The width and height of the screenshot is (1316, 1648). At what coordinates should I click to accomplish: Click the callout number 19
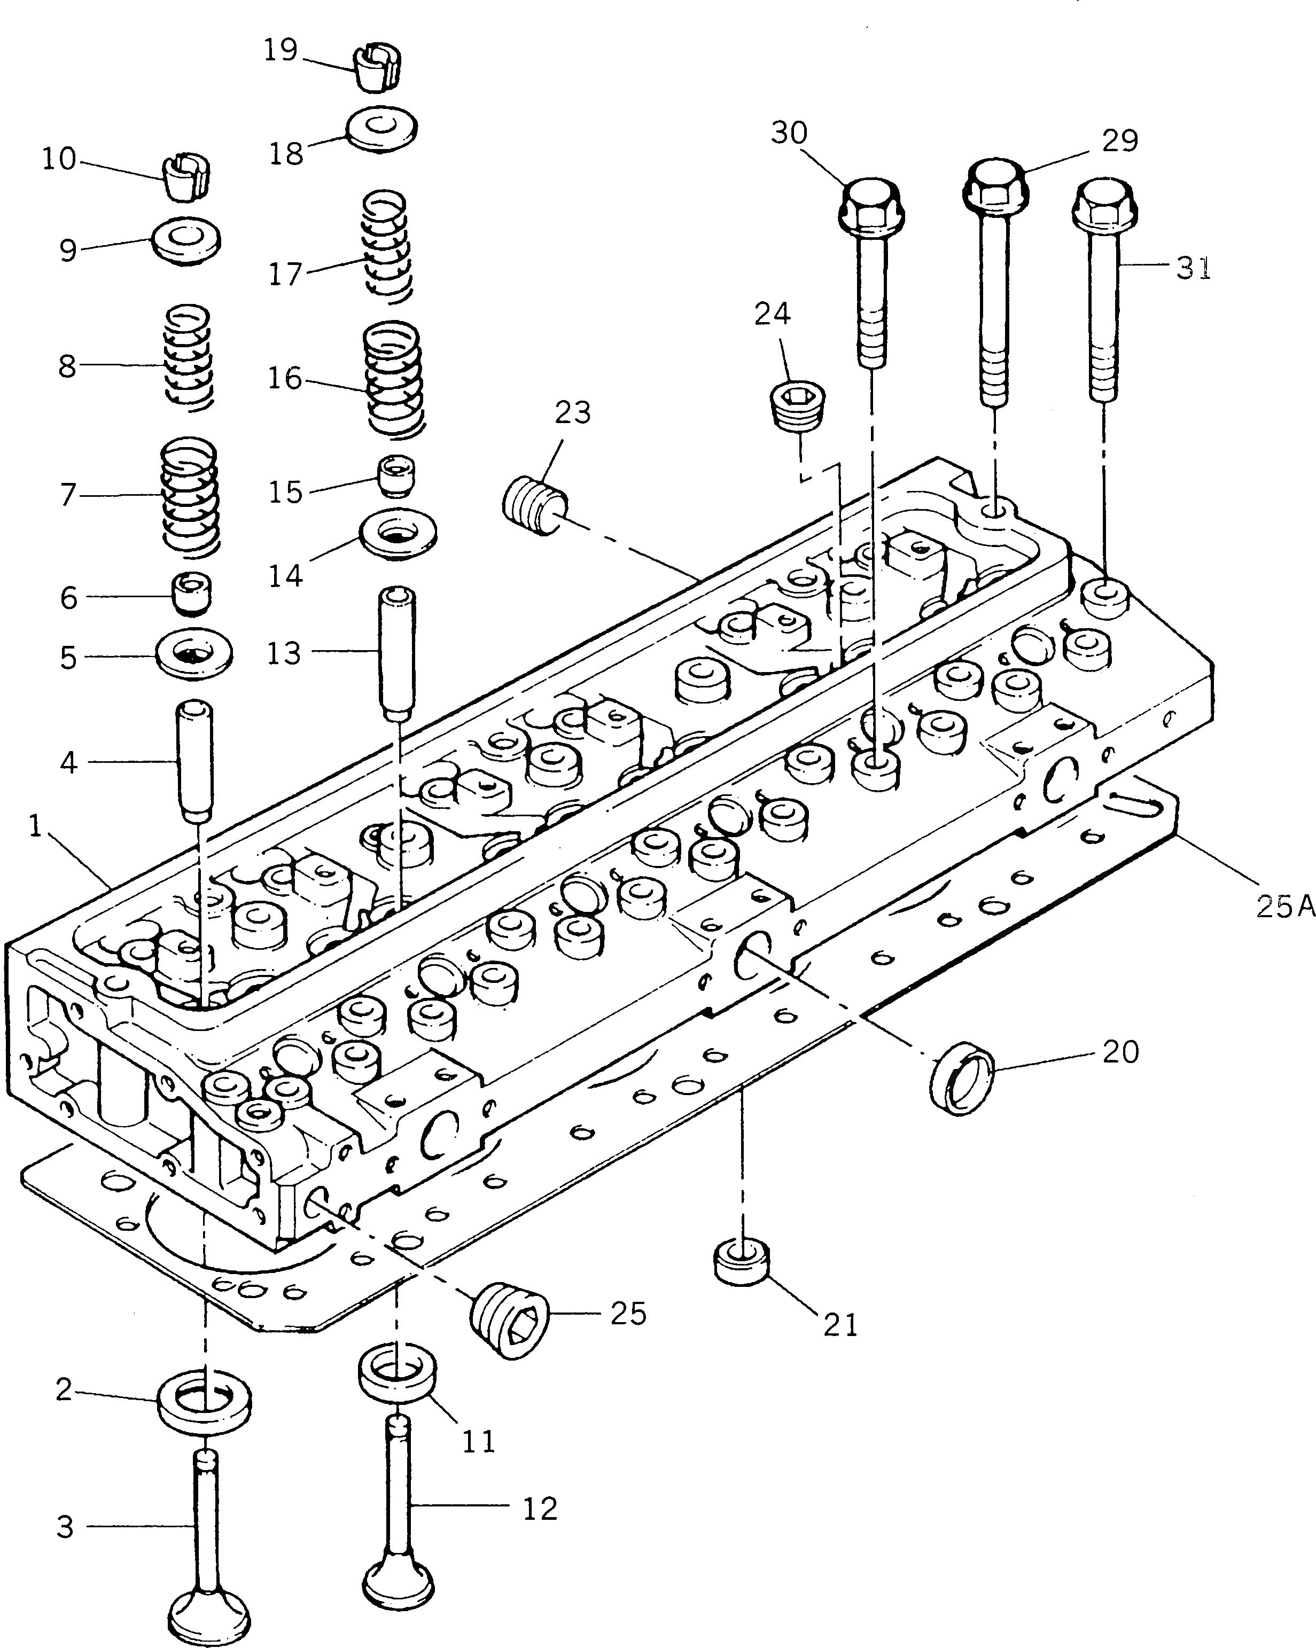(280, 50)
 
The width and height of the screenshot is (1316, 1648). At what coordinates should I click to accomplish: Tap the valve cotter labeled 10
(186, 178)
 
